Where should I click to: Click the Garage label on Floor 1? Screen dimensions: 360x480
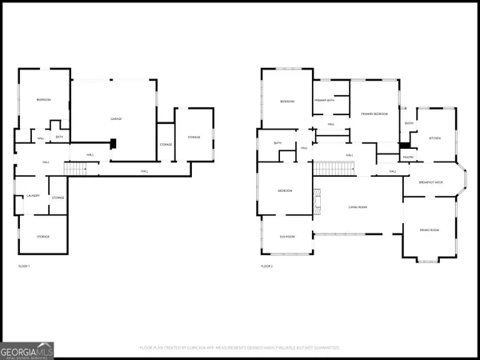tap(115, 119)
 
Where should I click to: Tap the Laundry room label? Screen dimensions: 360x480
tap(34, 196)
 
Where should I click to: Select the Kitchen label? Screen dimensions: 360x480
tap(434, 138)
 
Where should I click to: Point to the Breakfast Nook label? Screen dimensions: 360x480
tap(432, 182)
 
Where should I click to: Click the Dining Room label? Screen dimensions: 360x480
tap(430, 230)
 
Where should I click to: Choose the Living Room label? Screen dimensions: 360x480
tap(357, 207)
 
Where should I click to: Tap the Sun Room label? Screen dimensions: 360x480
tap(287, 237)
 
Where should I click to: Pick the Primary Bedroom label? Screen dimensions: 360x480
tap(374, 114)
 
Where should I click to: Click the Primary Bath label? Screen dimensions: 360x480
tap(324, 100)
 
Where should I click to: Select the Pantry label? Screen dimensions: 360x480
tap(407, 158)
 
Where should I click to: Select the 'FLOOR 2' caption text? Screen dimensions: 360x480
tap(266, 266)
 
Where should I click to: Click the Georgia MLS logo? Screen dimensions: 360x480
tap(29, 350)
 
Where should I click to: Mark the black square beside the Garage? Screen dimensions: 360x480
tap(114, 145)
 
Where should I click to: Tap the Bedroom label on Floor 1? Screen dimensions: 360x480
tap(43, 99)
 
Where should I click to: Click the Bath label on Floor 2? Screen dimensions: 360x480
tap(278, 143)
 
